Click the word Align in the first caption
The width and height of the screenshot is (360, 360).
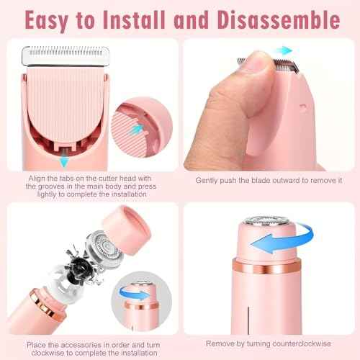point(37,178)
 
